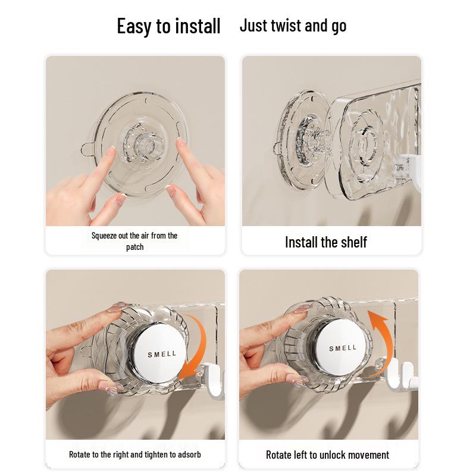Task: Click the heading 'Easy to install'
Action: (168, 27)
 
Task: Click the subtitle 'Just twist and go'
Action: (293, 26)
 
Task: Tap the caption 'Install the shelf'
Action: (325, 242)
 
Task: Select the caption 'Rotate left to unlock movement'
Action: (327, 455)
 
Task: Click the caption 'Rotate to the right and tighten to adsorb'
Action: (135, 455)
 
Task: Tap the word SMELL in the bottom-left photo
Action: (162, 354)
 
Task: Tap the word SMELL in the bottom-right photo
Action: (343, 348)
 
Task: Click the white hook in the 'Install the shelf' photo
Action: (411, 173)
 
